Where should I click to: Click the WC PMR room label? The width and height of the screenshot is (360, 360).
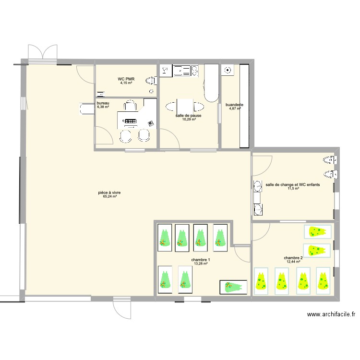[126, 79]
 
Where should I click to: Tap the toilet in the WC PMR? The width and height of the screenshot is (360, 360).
[152, 81]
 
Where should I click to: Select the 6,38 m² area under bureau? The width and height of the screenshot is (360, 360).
[103, 108]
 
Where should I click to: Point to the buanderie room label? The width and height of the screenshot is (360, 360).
[235, 105]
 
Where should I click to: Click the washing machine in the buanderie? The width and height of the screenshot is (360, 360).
[228, 71]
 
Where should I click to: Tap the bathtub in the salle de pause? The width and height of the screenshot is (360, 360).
[211, 83]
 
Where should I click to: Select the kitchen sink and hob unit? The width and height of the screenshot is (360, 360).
[185, 71]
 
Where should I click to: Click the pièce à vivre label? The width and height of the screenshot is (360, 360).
[109, 192]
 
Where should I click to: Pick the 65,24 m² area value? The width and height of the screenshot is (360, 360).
[109, 196]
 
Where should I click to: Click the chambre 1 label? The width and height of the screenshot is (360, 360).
[202, 259]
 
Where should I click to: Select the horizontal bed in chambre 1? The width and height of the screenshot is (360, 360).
[233, 287]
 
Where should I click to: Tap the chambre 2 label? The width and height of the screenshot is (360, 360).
[293, 258]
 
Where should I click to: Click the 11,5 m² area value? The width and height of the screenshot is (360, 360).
[293, 189]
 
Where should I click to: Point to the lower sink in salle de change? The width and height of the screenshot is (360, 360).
[258, 209]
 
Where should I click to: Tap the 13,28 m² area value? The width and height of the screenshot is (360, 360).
[202, 264]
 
